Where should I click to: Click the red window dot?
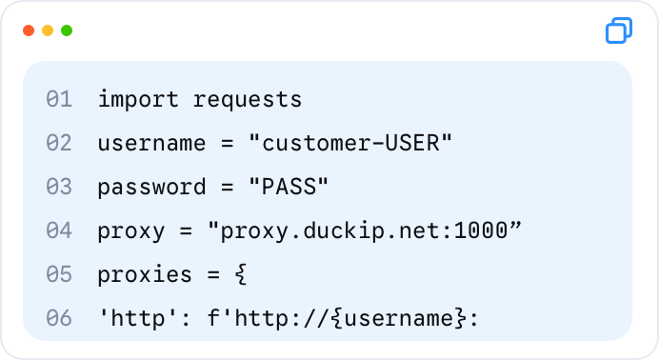click(x=29, y=30)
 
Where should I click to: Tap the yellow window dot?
click(x=48, y=30)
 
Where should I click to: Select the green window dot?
click(x=67, y=30)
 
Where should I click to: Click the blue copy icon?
click(x=619, y=30)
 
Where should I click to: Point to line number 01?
click(x=59, y=100)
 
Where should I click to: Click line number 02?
click(x=59, y=143)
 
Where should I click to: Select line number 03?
click(x=59, y=187)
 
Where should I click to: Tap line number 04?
click(x=59, y=230)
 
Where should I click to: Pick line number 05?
click(x=59, y=274)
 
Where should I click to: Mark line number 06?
click(x=59, y=318)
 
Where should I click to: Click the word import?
click(x=138, y=100)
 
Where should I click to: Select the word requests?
click(x=248, y=101)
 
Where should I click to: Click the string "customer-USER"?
click(x=350, y=143)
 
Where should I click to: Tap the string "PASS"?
click(x=289, y=187)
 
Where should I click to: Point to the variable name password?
click(x=151, y=188)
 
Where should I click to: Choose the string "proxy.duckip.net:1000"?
click(x=365, y=231)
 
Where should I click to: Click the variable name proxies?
click(x=145, y=274)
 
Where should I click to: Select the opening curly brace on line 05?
click(x=241, y=274)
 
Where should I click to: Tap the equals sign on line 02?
click(x=227, y=144)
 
